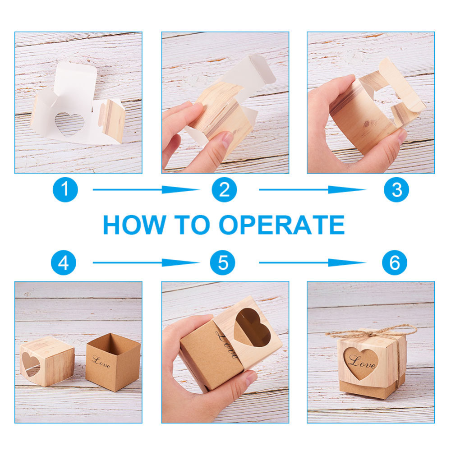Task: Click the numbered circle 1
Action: point(65,189)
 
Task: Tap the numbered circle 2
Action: point(224,189)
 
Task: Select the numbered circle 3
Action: point(396,189)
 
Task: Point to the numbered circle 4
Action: point(64,262)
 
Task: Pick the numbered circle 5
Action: point(222,262)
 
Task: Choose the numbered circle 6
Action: point(395,262)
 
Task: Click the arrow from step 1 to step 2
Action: point(146,189)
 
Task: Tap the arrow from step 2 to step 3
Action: point(313,189)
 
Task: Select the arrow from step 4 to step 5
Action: point(146,262)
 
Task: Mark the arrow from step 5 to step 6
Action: point(313,262)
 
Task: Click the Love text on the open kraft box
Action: point(101,362)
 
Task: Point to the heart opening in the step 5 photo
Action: point(252,327)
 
